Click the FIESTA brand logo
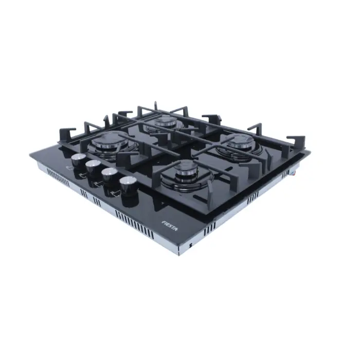point(170,225)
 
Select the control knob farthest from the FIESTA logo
point(79,161)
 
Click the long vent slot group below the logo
point(135,225)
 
